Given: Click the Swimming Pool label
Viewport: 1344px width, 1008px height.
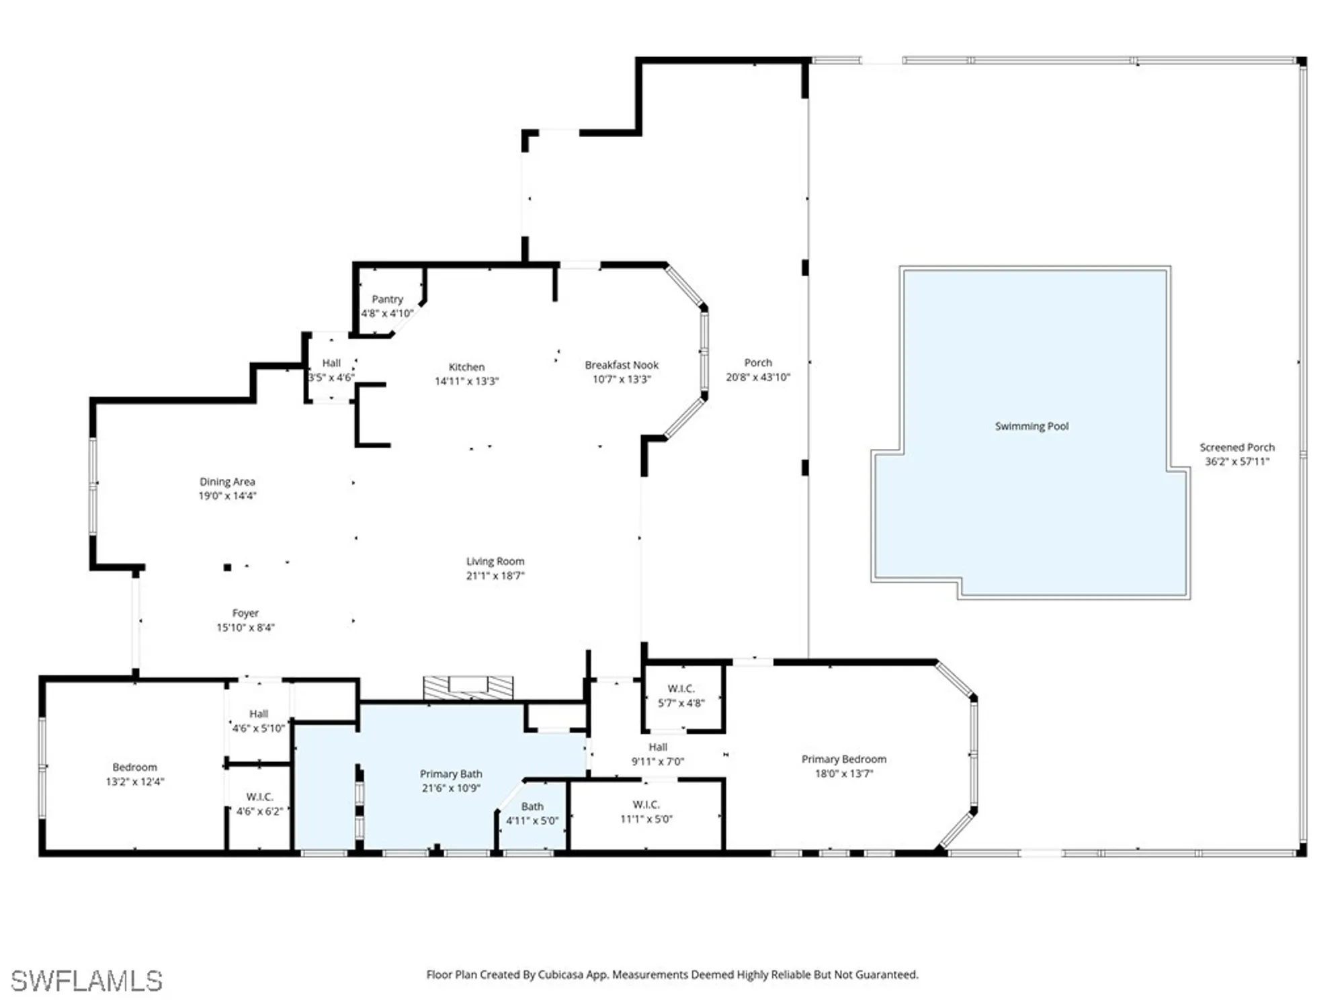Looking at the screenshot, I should [1032, 426].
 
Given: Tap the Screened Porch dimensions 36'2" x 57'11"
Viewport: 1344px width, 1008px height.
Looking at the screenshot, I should [1236, 462].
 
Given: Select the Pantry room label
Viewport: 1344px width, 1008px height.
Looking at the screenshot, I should [387, 299].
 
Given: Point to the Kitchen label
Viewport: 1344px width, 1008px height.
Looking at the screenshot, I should [466, 367].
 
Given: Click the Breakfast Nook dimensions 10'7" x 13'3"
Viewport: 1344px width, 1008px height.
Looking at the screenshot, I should [622, 380].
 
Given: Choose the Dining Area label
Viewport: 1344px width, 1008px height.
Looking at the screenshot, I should [227, 482].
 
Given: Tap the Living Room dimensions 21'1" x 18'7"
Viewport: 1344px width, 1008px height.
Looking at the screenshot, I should [495, 576].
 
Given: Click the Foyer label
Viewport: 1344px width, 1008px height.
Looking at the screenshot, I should [245, 613].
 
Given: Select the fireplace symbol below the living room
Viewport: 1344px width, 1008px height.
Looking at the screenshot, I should [468, 687].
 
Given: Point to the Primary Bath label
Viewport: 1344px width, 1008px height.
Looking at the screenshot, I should [451, 774].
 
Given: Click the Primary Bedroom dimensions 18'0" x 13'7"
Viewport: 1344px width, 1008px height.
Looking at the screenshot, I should [844, 773].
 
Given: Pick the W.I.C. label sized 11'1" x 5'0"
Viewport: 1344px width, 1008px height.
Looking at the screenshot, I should [646, 804].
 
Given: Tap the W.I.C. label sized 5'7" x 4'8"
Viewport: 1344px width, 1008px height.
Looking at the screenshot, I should [681, 689].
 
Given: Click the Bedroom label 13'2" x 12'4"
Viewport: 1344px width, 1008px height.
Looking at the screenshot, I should [134, 767].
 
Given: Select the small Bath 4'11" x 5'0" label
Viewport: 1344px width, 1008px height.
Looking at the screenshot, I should [532, 806].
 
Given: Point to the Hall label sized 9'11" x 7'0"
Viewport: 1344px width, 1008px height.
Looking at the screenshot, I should [658, 747].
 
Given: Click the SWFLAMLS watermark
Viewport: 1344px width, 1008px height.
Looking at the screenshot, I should [86, 981].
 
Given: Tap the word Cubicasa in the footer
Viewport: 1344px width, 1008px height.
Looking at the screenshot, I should [560, 974].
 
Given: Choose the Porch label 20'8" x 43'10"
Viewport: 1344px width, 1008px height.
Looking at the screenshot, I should [758, 363].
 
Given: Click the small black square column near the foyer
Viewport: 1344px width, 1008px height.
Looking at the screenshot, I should [227, 568].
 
